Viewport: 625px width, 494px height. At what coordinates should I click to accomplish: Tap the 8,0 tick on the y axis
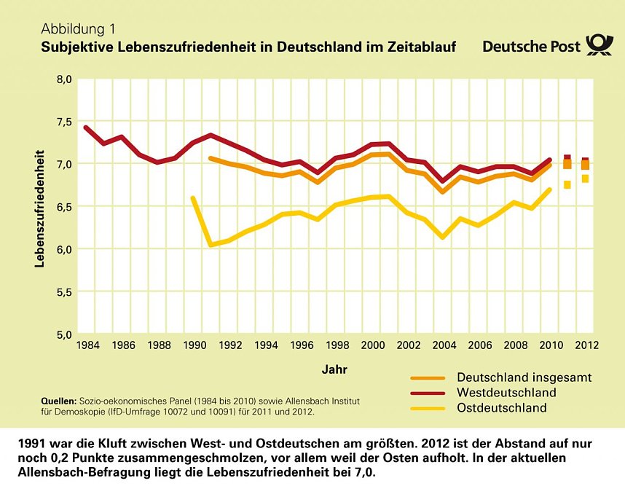coord(64,79)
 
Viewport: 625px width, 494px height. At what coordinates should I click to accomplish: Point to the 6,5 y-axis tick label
coord(64,207)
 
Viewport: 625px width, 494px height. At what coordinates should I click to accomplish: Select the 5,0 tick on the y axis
coord(64,334)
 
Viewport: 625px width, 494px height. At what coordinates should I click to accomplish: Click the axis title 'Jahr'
coord(334,369)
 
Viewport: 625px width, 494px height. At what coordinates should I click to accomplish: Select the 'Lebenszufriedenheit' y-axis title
coord(41,208)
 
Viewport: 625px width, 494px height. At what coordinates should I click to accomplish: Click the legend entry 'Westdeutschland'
coord(506,393)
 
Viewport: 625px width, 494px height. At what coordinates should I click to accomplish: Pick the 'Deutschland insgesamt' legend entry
coord(524,377)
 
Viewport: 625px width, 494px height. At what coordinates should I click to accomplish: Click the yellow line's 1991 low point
coord(211,245)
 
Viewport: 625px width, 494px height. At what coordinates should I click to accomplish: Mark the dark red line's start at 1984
coord(86,128)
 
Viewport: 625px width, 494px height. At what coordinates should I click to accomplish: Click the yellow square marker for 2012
coord(585,179)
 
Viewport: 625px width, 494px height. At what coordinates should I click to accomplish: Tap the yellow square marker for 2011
coord(567,185)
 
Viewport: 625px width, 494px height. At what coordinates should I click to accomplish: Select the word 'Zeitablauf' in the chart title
coord(421,47)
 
